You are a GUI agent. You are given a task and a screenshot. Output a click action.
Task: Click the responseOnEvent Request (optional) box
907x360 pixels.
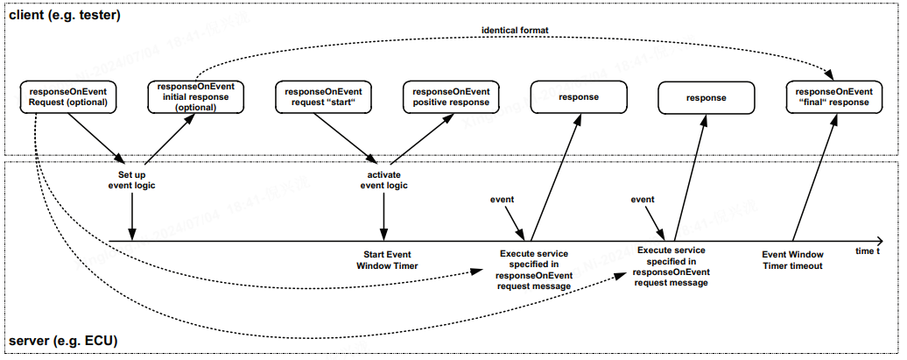click(67, 96)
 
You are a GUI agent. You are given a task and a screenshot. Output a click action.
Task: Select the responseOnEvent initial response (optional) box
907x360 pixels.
click(195, 96)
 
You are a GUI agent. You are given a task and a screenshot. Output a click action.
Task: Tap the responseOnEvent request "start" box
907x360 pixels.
click(323, 96)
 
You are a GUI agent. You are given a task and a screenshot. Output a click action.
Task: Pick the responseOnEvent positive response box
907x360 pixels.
click(451, 96)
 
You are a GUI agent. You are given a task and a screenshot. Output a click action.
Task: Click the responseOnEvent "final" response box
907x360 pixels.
click(834, 96)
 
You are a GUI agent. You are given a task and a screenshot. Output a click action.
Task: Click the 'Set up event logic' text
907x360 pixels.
click(132, 180)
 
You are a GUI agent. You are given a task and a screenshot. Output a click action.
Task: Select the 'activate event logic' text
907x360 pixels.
click(383, 180)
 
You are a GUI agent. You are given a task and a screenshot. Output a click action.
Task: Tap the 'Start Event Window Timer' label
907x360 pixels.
click(387, 260)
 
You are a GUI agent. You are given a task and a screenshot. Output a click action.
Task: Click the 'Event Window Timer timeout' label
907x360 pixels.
click(792, 260)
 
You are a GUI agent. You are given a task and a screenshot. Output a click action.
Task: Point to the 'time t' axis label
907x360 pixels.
click(868, 251)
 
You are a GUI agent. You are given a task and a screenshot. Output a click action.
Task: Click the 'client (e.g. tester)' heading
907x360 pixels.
click(64, 16)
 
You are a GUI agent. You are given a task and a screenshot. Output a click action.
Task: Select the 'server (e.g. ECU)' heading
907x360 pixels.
click(63, 341)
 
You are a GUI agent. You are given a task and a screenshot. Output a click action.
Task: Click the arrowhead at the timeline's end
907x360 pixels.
click(879, 240)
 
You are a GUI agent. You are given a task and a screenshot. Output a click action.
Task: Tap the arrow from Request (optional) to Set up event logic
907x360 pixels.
click(96, 138)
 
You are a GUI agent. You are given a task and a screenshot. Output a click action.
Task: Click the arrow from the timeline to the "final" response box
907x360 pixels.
click(814, 177)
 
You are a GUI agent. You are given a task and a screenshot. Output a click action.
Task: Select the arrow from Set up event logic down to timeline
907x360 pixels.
click(132, 216)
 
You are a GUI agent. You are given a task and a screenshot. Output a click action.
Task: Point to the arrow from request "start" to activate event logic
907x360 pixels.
click(345, 138)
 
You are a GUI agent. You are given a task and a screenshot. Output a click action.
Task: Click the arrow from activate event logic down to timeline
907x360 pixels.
click(383, 216)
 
